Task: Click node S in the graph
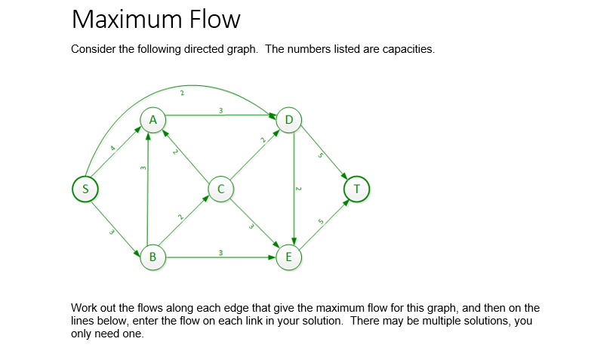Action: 85,188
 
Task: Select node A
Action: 153,119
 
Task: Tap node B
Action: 153,257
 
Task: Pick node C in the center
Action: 220,188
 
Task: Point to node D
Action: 289,119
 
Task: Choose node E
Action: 288,257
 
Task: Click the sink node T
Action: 356,188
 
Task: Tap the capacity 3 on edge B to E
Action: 220,251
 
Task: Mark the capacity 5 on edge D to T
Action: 321,157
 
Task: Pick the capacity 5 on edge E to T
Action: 320,220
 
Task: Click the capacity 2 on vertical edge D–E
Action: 297,188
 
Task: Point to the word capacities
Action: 408,50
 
